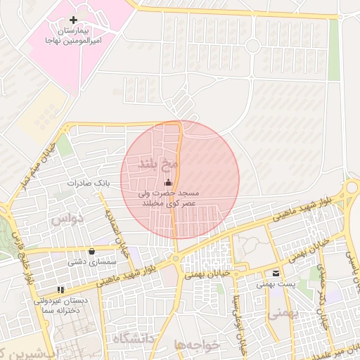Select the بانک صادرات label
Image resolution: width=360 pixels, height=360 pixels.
(89, 183)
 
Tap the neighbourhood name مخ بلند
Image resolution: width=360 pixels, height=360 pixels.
(157, 164)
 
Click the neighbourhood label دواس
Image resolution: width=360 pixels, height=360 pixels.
(67, 219)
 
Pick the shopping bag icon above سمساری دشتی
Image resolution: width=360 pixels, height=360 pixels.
(91, 251)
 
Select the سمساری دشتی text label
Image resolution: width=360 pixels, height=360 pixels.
(92, 262)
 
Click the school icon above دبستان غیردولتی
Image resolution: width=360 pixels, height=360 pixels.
(61, 288)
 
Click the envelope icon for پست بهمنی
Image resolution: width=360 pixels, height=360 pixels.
(274, 273)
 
